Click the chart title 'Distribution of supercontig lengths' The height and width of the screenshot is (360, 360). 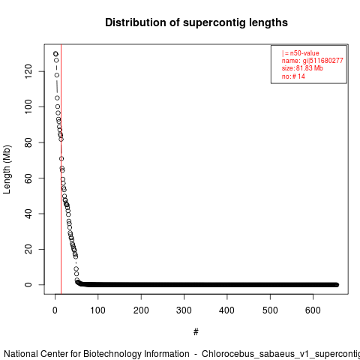(196, 22)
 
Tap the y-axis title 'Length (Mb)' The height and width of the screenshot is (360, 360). (7, 169)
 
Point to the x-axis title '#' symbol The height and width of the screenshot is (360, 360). (196, 332)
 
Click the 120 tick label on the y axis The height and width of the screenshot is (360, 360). (28, 71)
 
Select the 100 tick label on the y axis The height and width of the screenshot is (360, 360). (28, 106)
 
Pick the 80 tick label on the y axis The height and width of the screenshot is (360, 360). (28, 142)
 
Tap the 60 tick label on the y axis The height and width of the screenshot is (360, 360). (28, 178)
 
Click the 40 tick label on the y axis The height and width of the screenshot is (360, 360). (28, 214)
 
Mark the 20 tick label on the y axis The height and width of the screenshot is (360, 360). (28, 249)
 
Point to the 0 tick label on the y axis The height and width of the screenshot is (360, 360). (28, 285)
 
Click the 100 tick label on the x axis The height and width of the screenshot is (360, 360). (97, 310)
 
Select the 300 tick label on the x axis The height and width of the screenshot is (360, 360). (184, 310)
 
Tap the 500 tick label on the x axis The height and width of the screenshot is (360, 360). (270, 310)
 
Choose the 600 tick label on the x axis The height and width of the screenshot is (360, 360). (313, 310)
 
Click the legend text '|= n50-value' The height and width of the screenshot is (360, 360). (301, 53)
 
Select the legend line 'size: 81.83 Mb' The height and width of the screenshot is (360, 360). (302, 68)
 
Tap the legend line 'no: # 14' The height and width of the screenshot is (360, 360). (293, 76)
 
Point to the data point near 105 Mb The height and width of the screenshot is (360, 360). (57, 98)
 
